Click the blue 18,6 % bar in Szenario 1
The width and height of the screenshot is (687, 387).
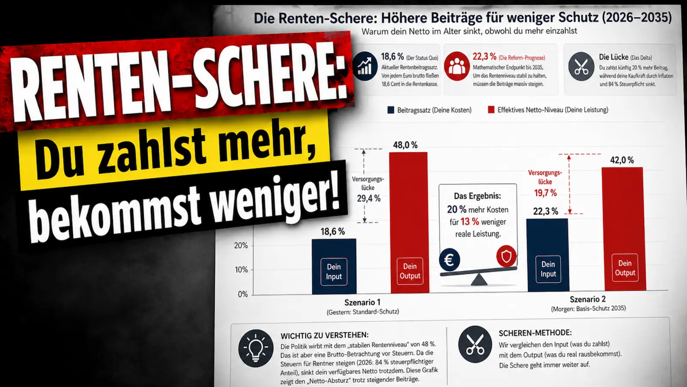pyautogui.click(x=334, y=267)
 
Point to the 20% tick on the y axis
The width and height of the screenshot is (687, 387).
pyautogui.click(x=241, y=246)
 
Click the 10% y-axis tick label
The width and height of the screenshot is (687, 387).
pyautogui.click(x=241, y=270)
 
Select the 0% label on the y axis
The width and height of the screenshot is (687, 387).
pyautogui.click(x=243, y=294)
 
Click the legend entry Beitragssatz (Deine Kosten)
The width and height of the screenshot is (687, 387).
pyautogui.click(x=429, y=110)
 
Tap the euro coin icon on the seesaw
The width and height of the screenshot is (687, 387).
pyautogui.click(x=450, y=260)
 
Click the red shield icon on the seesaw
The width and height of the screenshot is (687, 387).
pyautogui.click(x=506, y=257)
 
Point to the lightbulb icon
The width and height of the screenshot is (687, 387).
pyautogui.click(x=255, y=348)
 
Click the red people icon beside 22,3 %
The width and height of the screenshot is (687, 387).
pyautogui.click(x=456, y=66)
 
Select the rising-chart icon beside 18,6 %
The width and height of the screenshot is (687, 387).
pyautogui.click(x=365, y=67)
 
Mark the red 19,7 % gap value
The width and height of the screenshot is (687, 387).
pyautogui.click(x=545, y=193)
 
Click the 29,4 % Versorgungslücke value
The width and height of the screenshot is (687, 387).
pyautogui.click(x=368, y=199)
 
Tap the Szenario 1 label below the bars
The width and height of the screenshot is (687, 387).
pyautogui.click(x=362, y=302)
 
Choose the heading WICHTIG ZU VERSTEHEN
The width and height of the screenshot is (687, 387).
pyautogui.click(x=324, y=335)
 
